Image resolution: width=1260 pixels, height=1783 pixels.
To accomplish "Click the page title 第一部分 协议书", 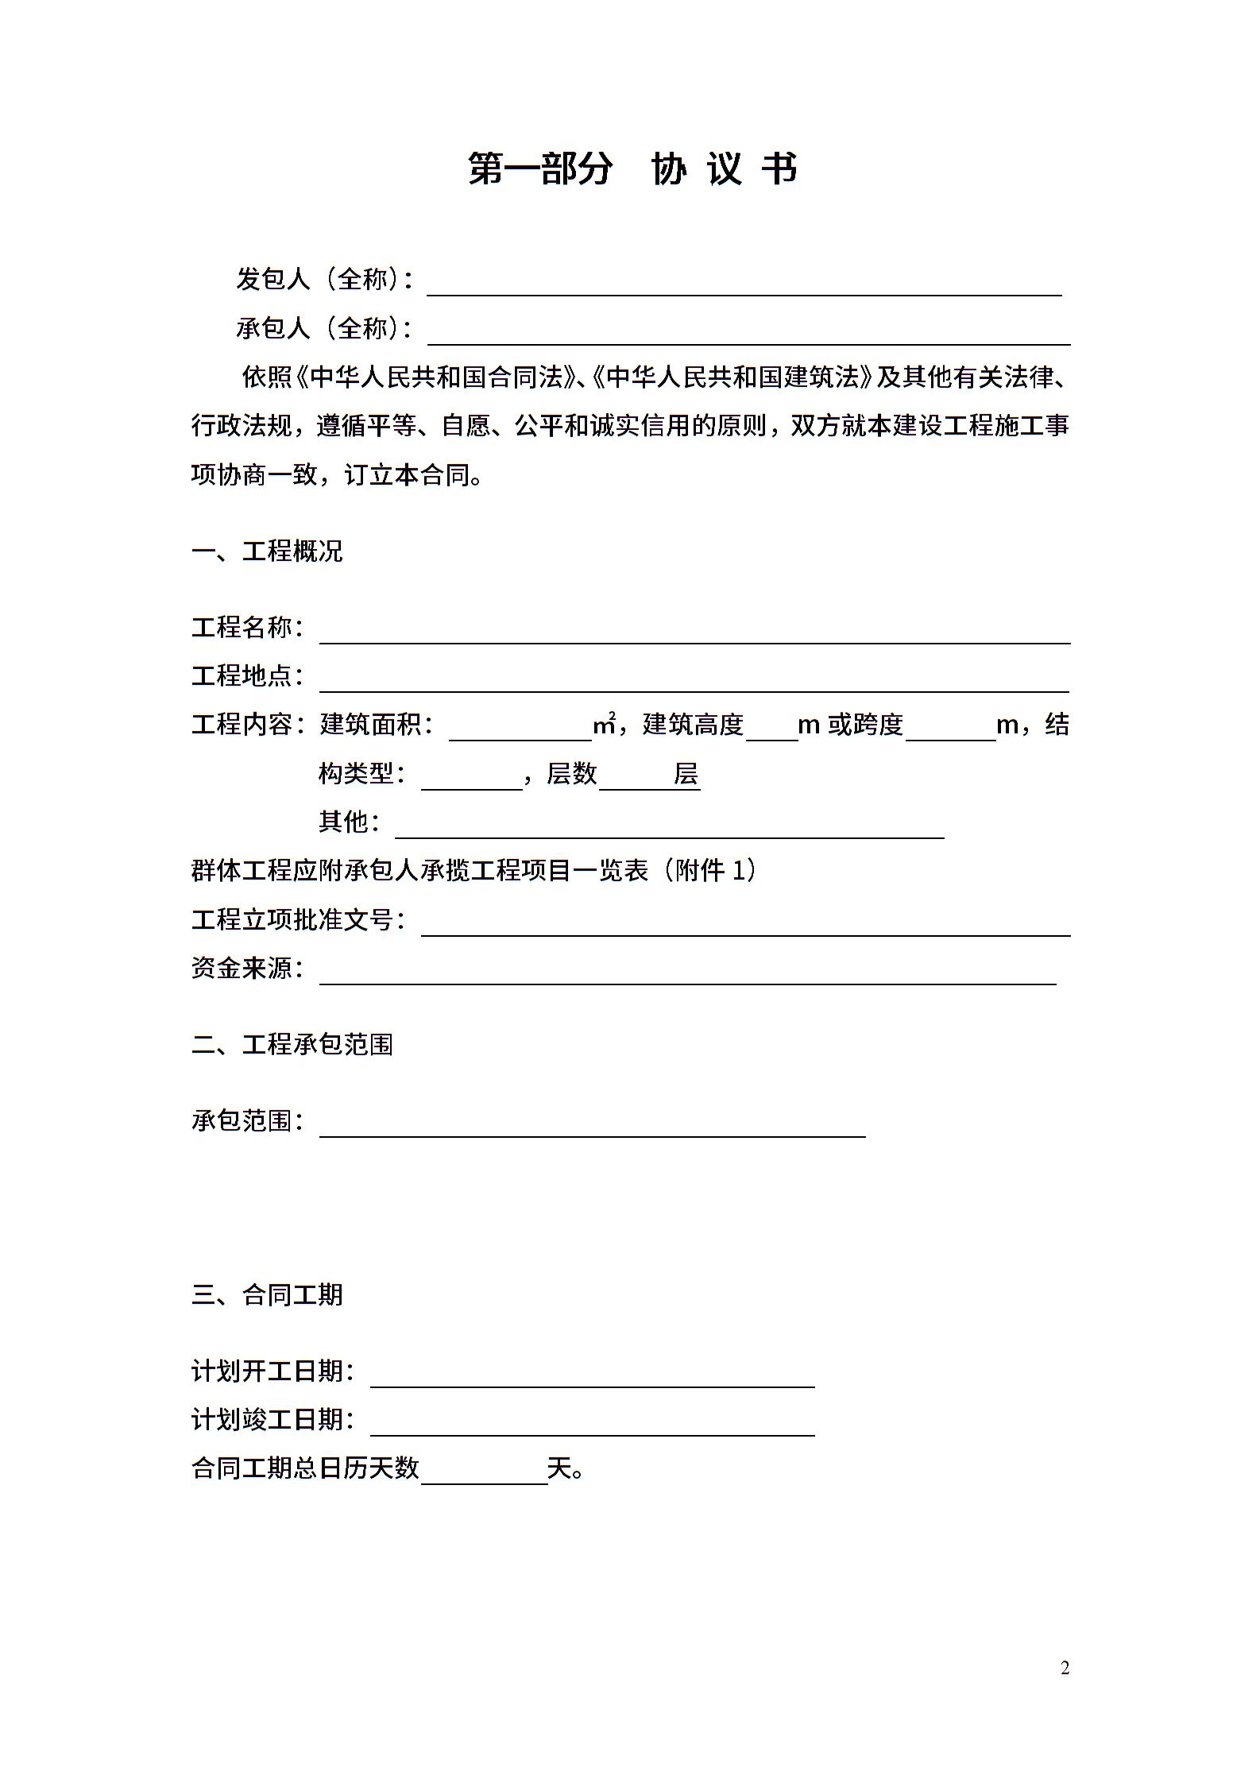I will pos(632,168).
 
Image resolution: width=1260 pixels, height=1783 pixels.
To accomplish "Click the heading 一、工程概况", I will pos(267,551).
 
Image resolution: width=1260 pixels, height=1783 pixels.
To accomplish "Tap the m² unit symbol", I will pos(605,724).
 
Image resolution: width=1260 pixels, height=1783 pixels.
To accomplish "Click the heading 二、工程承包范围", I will pos(292,1044).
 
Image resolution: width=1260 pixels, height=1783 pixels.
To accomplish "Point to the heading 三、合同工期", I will pos(267,1295).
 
